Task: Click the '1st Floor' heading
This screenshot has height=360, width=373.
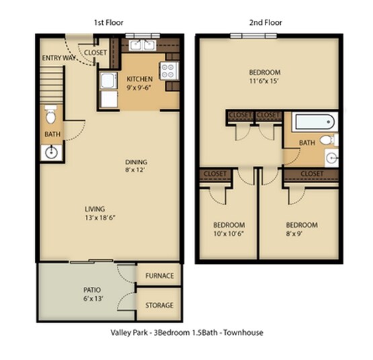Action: coord(108,22)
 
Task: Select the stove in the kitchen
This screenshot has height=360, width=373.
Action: coord(168,69)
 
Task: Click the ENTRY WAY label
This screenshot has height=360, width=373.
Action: coord(57,58)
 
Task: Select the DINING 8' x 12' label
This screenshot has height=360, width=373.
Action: coord(136,166)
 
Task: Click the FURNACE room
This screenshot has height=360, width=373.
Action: coord(159,276)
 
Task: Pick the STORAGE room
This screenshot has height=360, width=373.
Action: coord(159,306)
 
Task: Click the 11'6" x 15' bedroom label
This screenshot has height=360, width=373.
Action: coord(265,77)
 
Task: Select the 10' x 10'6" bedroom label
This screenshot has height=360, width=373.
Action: coord(229,229)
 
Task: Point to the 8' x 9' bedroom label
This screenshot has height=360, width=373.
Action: coord(301,229)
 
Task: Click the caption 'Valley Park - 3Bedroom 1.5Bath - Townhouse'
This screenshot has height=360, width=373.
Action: coord(186,332)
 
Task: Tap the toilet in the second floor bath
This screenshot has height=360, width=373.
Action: coord(327,140)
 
